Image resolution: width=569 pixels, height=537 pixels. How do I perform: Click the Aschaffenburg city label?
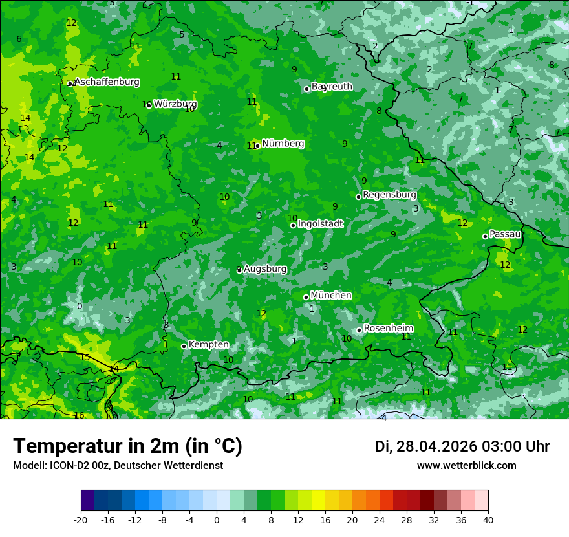tap(107, 82)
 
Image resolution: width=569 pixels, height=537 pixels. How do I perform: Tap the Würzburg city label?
tap(175, 104)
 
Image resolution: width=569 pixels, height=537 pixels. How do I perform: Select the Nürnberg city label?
tap(283, 144)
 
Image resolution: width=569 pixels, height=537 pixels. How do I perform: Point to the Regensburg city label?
tap(389, 195)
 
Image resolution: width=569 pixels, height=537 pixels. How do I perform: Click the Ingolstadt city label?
tap(320, 224)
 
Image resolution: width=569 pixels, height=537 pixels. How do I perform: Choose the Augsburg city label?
tap(265, 269)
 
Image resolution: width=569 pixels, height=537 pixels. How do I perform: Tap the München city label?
tap(331, 296)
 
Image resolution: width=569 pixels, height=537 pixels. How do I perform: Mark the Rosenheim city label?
tap(388, 329)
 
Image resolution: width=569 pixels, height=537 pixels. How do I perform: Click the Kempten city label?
tap(208, 345)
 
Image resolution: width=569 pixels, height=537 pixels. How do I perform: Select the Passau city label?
tap(505, 234)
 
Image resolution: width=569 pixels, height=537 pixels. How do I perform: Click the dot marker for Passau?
tap(485, 236)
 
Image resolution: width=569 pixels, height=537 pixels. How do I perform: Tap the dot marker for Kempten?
tap(184, 346)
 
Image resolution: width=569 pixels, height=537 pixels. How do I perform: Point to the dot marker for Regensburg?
tap(358, 197)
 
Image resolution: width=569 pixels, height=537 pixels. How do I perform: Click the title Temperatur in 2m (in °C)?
tap(127, 446)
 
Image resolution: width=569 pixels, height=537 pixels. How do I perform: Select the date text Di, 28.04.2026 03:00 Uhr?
tap(462, 446)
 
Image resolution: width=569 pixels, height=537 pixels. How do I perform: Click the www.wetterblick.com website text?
tap(466, 466)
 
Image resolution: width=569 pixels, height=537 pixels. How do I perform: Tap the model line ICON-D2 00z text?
tap(118, 466)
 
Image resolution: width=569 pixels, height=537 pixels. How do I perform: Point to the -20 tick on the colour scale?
tap(81, 520)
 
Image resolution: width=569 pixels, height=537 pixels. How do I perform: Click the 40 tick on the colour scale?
tap(488, 520)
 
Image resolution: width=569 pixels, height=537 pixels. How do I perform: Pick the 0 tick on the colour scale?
tap(217, 520)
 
